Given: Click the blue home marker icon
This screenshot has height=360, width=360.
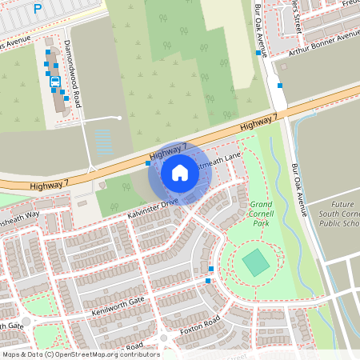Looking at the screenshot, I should [x=179, y=172].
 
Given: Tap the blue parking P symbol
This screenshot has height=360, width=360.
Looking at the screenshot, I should [x=38, y=10].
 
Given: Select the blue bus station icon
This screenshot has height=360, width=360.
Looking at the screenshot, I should [x=55, y=81].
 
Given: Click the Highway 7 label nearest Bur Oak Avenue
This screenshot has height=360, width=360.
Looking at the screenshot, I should [x=258, y=123].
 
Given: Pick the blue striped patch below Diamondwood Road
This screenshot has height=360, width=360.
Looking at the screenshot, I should [x=105, y=142].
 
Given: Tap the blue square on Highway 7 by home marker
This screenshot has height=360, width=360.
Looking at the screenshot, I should [x=148, y=163].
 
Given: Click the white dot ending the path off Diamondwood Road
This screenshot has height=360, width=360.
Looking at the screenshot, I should [x=119, y=118].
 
